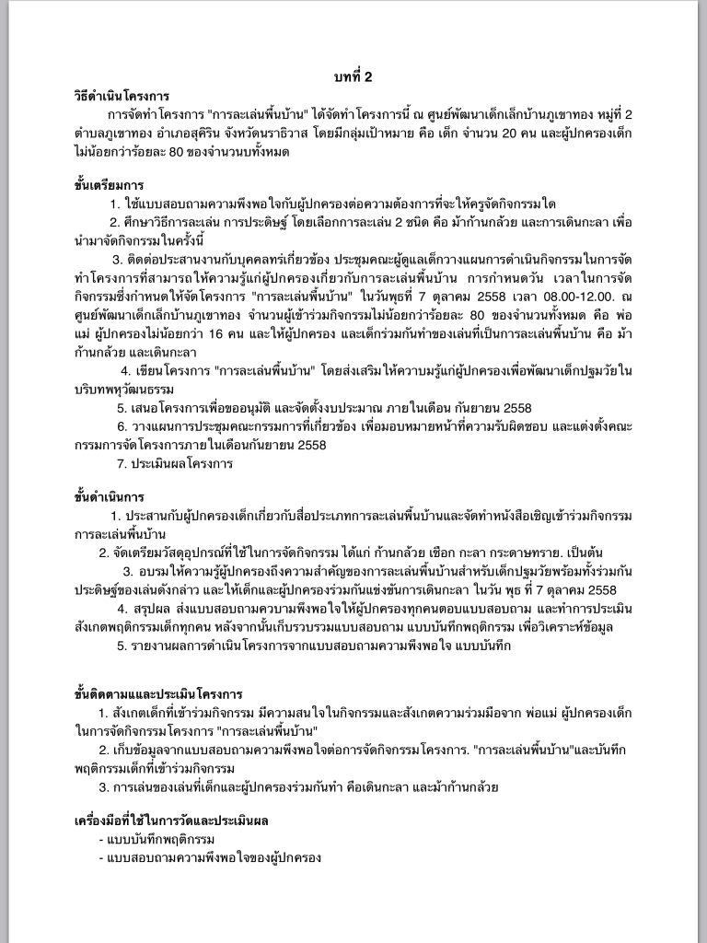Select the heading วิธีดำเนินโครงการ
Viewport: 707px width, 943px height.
coord(122,95)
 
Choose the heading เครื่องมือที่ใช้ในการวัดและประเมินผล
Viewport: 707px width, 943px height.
coord(171,820)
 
